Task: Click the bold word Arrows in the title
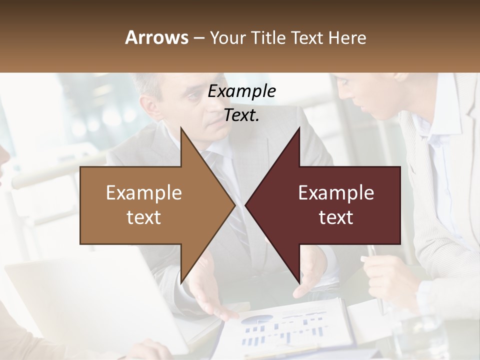pyautogui.click(x=157, y=37)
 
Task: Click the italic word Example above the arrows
pyautogui.click(x=242, y=91)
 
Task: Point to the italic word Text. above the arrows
pyautogui.click(x=242, y=115)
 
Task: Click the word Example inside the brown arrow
pyautogui.click(x=144, y=193)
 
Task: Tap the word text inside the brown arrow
pyautogui.click(x=144, y=217)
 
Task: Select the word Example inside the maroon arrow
pyautogui.click(x=336, y=193)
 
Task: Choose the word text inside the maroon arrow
pyautogui.click(x=336, y=217)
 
